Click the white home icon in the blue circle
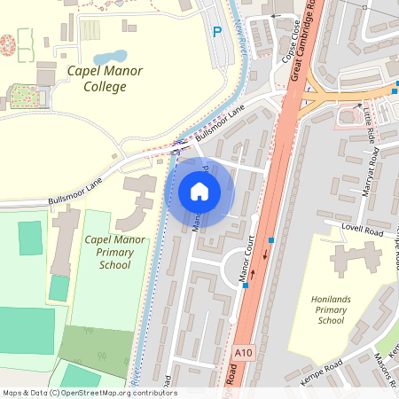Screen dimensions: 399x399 (x=199, y=192)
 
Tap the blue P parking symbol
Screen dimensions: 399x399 (x=217, y=33)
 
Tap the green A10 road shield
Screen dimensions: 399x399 (x=246, y=353)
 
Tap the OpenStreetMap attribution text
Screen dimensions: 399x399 (x=90, y=392)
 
